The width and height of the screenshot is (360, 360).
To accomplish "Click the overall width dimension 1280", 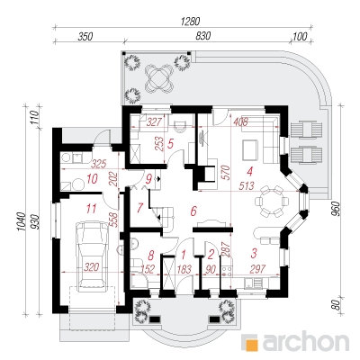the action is (190, 22).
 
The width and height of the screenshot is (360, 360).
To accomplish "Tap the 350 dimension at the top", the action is (85, 37).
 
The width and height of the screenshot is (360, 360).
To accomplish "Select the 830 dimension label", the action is (203, 36).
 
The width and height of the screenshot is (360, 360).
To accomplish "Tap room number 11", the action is (91, 208).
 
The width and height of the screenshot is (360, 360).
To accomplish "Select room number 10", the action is (92, 179).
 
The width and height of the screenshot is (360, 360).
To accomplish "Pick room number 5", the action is (170, 144).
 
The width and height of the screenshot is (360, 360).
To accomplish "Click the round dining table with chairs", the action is (272, 201).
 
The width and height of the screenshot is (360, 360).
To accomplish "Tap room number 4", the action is (249, 171).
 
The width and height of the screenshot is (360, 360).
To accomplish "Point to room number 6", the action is (193, 211).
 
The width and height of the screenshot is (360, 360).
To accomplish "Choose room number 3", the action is (254, 253).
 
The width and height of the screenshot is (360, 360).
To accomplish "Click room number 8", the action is (151, 256).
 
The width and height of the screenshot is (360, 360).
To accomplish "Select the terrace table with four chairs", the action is (159, 79).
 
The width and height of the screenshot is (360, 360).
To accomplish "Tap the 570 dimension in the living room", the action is (227, 173).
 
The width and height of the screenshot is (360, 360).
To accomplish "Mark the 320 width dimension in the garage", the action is (91, 266).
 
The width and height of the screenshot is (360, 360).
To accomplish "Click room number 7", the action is (139, 208).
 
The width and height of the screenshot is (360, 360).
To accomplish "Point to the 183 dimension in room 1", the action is (184, 269).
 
